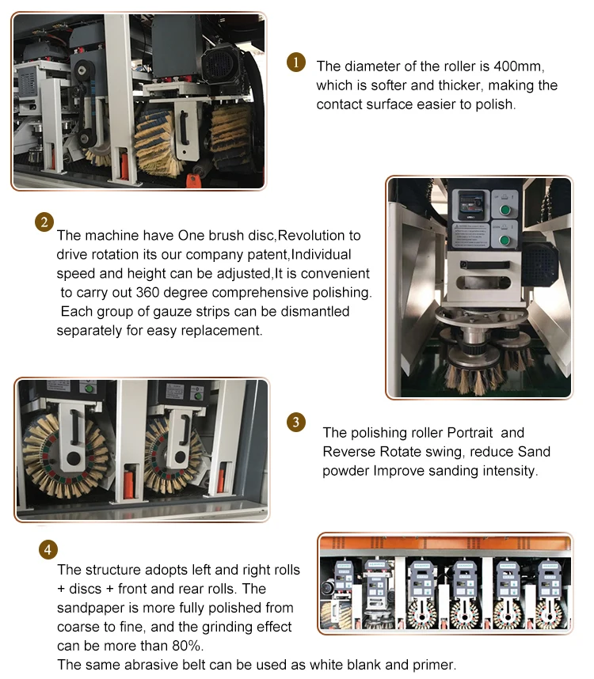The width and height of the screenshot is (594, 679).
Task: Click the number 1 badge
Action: pyautogui.click(x=296, y=63)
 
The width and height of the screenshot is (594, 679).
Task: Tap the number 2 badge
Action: pyautogui.click(x=44, y=222)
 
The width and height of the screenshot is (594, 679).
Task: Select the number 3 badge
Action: pyautogui.click(x=296, y=422)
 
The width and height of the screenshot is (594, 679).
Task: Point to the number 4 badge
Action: pyautogui.click(x=48, y=549)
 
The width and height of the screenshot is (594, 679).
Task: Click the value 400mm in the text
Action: pyautogui.click(x=519, y=66)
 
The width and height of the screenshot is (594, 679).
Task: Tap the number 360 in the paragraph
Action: pyautogui.click(x=148, y=292)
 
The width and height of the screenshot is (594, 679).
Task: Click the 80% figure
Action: pyautogui.click(x=187, y=646)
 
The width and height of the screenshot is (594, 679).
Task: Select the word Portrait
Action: pyautogui.click(x=470, y=433)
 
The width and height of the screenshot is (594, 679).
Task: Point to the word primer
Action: pyautogui.click(x=434, y=665)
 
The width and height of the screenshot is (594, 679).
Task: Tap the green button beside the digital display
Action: pyautogui.click(x=505, y=210)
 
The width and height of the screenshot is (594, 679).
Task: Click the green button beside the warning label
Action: pyautogui.click(x=505, y=241)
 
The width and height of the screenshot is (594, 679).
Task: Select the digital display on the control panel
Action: pyautogui.click(x=471, y=204)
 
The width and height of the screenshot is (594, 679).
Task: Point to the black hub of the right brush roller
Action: pyautogui.click(x=181, y=457)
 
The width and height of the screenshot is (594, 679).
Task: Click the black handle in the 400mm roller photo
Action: pyautogui.click(x=184, y=128)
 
